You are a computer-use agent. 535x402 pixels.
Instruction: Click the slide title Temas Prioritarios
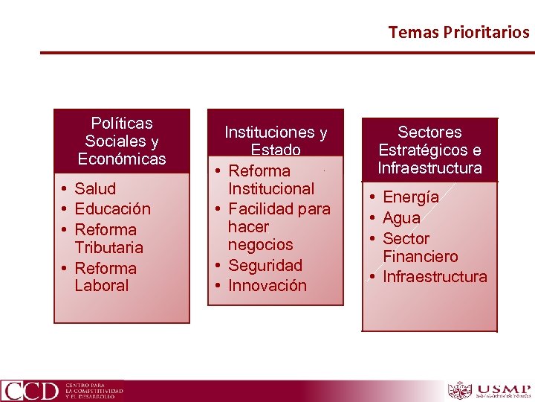coord(458,32)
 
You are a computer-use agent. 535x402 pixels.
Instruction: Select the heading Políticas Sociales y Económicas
coord(122,141)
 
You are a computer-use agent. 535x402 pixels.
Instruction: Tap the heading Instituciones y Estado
coord(276,141)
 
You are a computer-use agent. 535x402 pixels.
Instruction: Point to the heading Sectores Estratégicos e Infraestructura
coord(429,150)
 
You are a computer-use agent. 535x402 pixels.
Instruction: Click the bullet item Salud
coord(95,188)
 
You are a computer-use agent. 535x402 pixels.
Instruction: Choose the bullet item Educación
coord(112,209)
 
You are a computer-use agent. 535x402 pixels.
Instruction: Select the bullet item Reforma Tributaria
coord(108,238)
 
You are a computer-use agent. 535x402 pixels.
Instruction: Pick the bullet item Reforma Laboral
coord(106,277)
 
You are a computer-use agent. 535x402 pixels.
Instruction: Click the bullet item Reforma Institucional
coord(270,180)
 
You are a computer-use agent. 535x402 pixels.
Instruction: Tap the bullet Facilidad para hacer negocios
coord(278,227)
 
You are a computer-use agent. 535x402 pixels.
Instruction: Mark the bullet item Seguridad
coord(265,265)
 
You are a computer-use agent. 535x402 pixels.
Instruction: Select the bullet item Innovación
coord(267,285)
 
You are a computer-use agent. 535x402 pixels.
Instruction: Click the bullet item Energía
coord(410,197)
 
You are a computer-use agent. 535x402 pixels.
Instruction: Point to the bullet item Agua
coord(401,218)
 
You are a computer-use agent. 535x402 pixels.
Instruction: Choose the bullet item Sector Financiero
coord(420,247)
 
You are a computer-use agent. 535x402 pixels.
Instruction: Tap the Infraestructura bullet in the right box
coord(434,277)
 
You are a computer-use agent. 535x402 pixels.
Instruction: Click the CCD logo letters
coord(30,390)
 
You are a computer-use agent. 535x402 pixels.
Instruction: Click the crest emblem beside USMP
coord(460,390)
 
